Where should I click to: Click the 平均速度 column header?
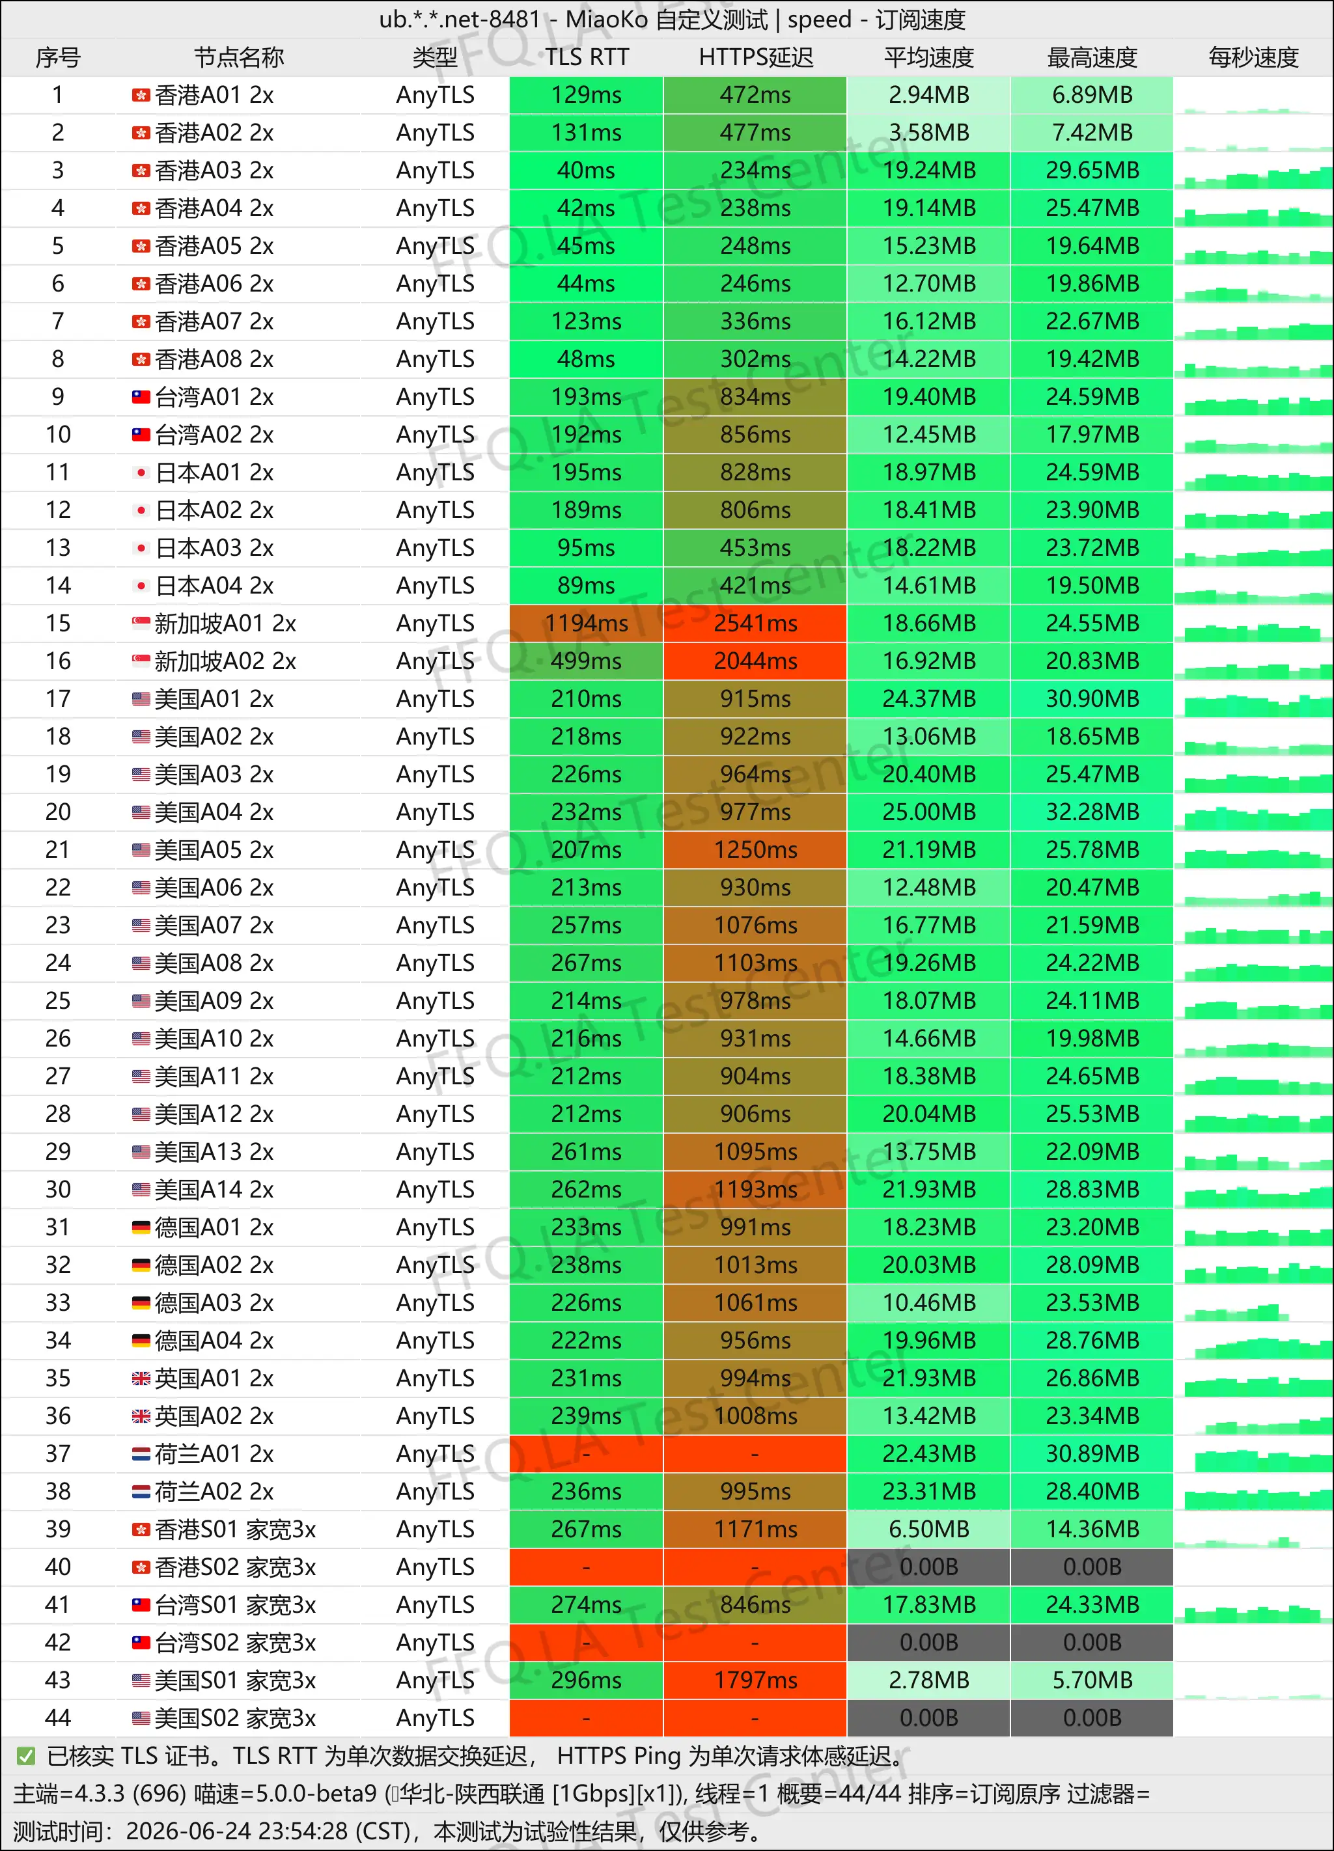pos(928,57)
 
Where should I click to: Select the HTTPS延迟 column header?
pos(755,57)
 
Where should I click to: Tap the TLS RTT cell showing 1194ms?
pos(586,624)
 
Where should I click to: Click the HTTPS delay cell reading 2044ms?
pos(755,661)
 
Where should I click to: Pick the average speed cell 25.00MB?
pos(928,812)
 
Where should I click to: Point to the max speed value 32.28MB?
pos(1092,812)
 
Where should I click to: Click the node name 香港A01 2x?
pos(214,96)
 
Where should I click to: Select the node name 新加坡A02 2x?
pos(225,661)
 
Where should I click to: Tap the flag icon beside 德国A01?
pos(141,1227)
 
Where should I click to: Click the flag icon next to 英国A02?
pos(141,1416)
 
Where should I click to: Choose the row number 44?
pos(58,1718)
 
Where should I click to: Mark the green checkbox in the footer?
pos(26,1755)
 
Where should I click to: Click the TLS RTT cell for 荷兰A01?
pos(586,1453)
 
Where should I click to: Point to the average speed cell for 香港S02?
pos(928,1567)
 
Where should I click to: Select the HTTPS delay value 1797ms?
pos(755,1680)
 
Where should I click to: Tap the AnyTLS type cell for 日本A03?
pos(435,547)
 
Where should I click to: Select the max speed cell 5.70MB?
pos(1092,1680)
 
